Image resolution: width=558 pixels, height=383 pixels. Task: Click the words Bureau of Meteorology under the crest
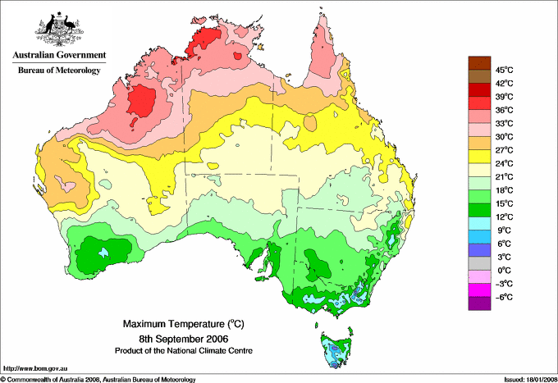(x=58, y=71)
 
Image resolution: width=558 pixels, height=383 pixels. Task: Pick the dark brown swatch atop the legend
(x=479, y=62)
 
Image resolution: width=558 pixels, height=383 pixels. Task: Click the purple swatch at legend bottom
(x=479, y=303)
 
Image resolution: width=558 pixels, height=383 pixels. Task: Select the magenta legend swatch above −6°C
(x=479, y=290)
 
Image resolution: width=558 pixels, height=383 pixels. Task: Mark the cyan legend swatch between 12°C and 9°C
(x=479, y=223)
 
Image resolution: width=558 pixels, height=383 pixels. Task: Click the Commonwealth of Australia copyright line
(x=98, y=378)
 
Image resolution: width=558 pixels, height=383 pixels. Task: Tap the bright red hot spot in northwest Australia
(x=140, y=103)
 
